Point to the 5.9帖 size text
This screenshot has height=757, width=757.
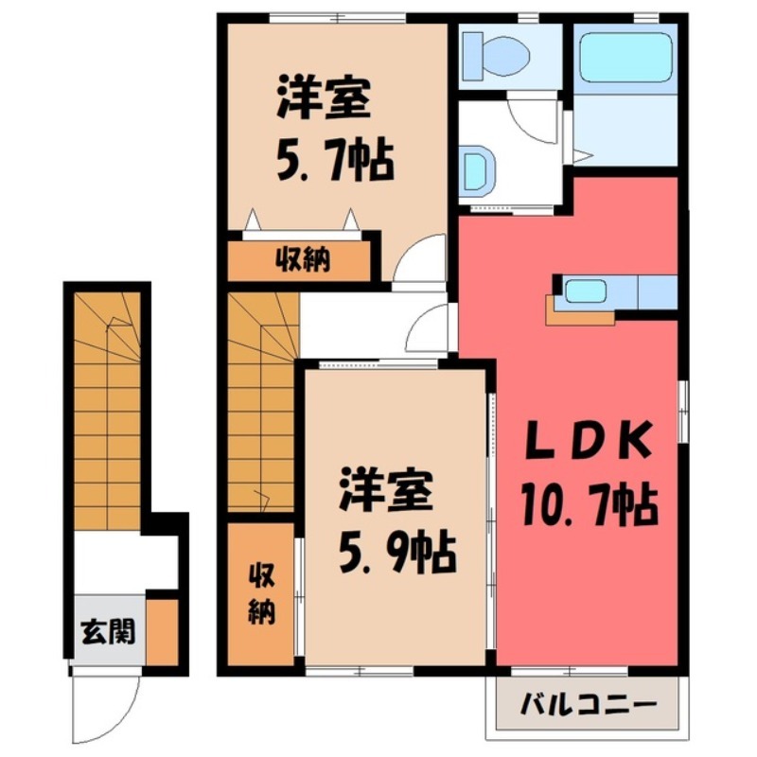pos(396,548)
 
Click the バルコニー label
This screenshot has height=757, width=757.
pos(588,706)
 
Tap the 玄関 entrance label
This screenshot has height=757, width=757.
pos(107,630)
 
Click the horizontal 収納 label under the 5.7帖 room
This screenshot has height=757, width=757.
pos(302,260)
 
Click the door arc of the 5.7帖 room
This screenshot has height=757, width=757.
pos(419,257)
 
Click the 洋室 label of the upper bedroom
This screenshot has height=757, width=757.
pos(323,100)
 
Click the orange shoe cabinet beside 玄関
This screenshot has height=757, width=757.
pos(162,628)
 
